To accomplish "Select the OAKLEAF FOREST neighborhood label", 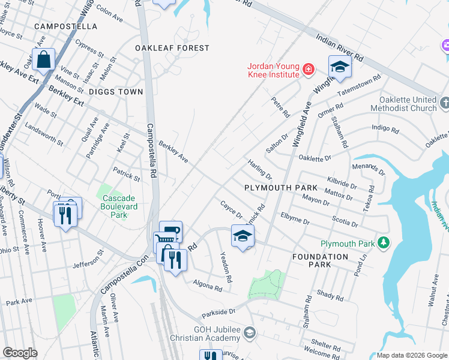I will [x=172, y=48].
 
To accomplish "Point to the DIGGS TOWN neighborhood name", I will [x=116, y=92].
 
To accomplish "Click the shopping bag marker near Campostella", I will [x=44, y=60].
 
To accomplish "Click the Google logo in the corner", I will [x=20, y=353].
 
